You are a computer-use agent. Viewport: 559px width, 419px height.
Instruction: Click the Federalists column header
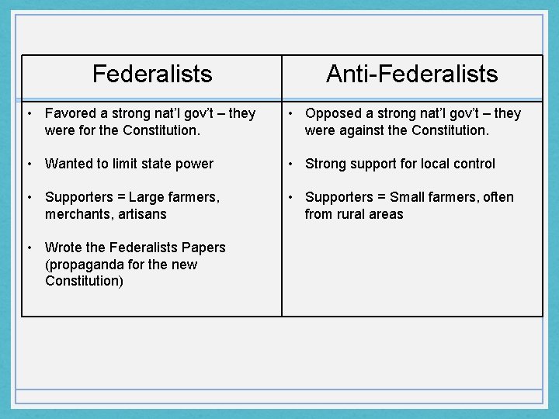click(x=151, y=74)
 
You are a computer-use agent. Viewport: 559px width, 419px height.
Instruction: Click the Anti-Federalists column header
click(x=411, y=74)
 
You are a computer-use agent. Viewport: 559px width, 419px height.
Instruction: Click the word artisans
click(x=143, y=214)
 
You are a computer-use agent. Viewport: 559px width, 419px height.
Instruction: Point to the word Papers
click(x=203, y=248)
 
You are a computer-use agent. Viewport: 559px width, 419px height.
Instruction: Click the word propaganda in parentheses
click(x=84, y=265)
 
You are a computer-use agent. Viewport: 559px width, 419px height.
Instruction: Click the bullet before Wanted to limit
click(x=29, y=164)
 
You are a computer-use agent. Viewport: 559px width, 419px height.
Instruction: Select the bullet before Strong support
click(x=289, y=164)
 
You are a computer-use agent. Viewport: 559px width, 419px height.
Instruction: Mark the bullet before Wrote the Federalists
click(x=29, y=248)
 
